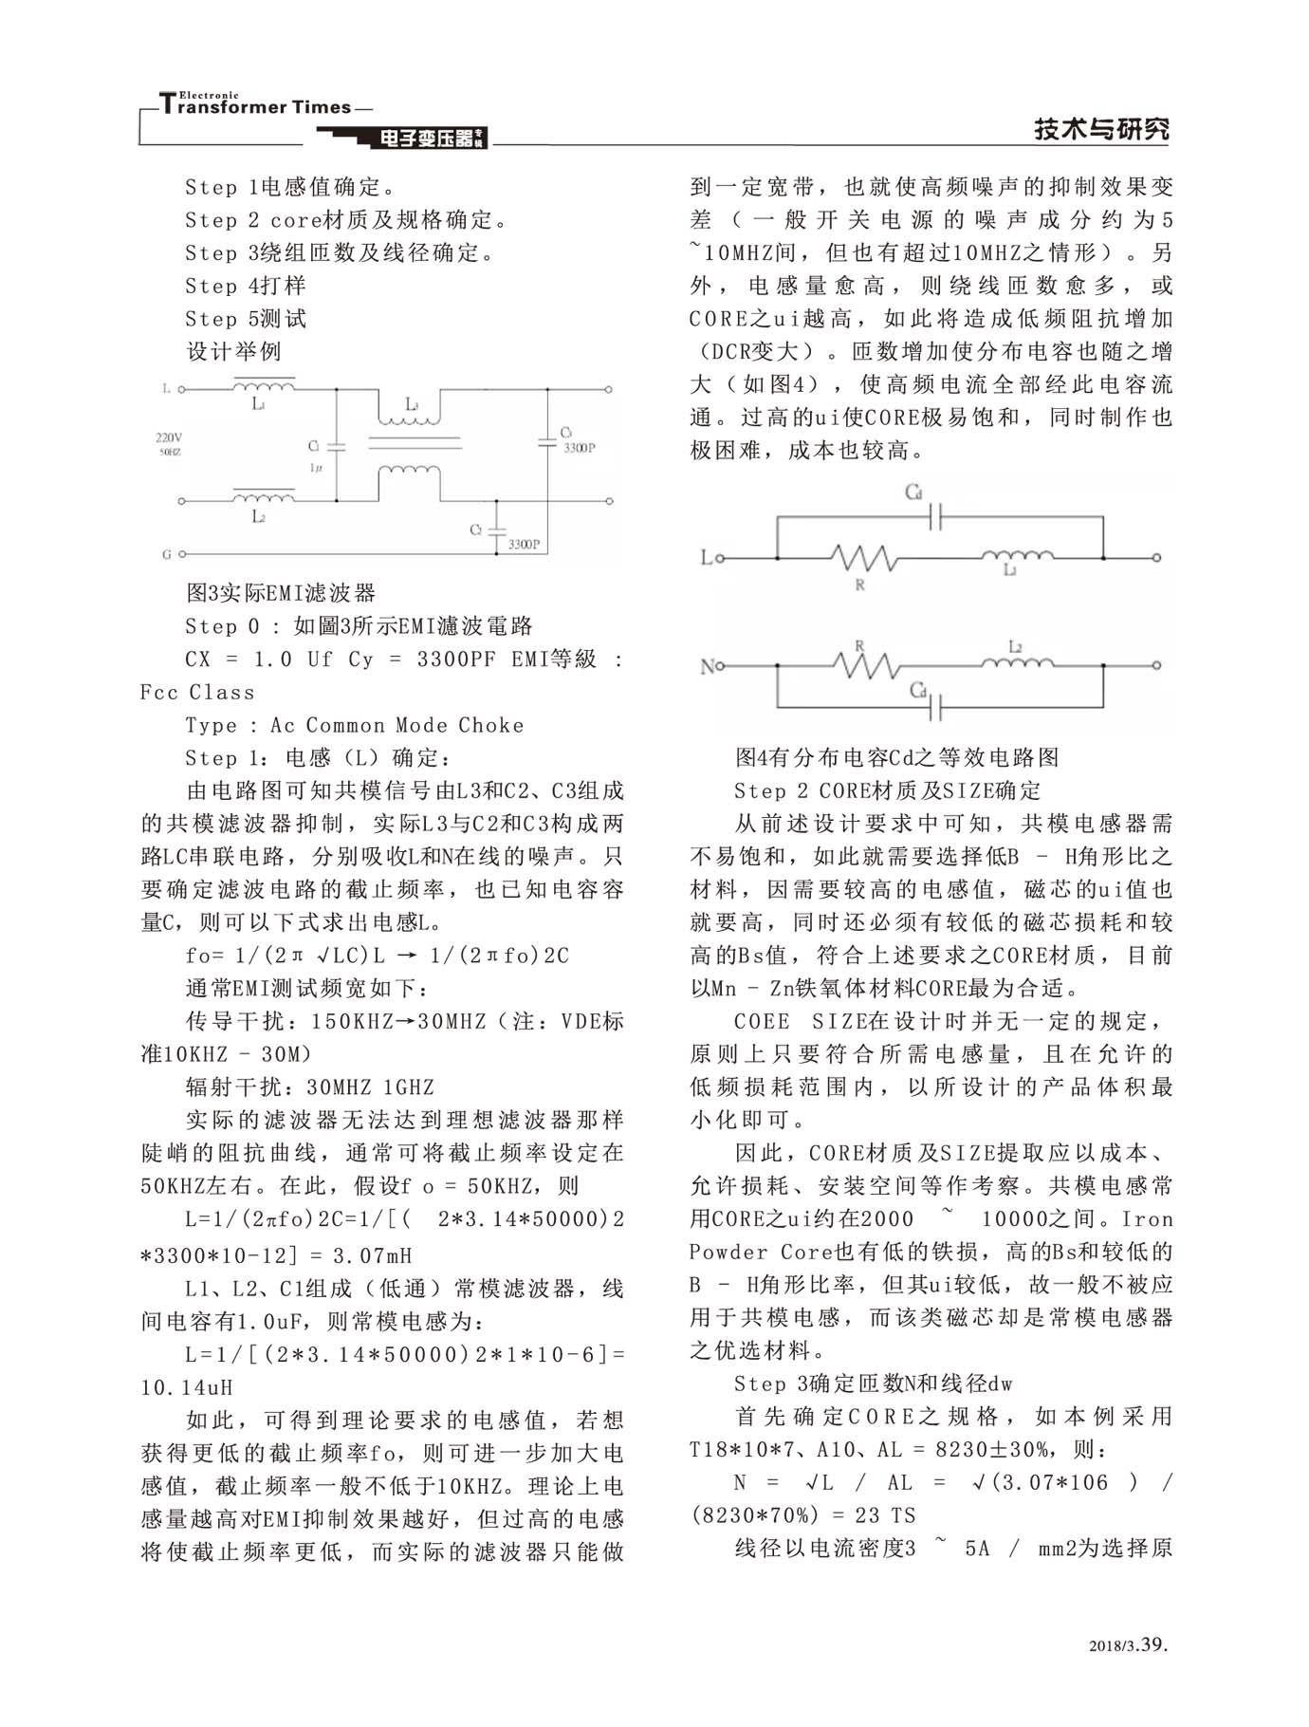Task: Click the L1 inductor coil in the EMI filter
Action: (264, 385)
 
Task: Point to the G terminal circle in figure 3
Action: (182, 554)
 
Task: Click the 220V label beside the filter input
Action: (169, 437)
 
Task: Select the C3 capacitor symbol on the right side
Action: (546, 440)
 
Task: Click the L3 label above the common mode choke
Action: (412, 404)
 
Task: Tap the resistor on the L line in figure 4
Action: (863, 557)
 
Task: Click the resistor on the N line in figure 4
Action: (863, 665)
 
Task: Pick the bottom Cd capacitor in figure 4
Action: (935, 707)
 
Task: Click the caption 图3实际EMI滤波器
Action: (281, 593)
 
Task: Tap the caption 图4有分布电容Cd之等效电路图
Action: (896, 757)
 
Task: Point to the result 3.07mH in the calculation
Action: (372, 1255)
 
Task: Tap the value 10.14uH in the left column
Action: (187, 1387)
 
